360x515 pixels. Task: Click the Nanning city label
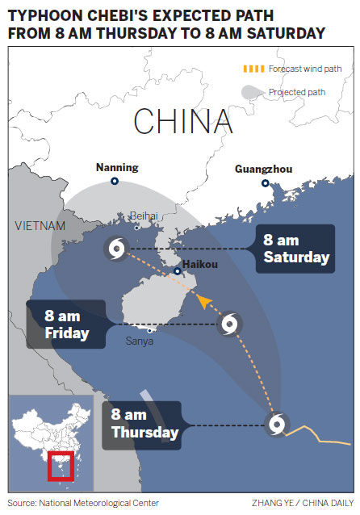117,168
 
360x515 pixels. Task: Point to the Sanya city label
138,341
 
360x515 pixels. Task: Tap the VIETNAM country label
40,226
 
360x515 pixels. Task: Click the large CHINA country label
183,121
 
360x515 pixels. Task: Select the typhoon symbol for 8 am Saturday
115,248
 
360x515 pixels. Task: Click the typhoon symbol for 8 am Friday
231,324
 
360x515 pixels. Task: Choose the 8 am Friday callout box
67,324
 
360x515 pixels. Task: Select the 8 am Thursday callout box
143,424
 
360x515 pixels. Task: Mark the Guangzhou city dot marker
265,183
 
